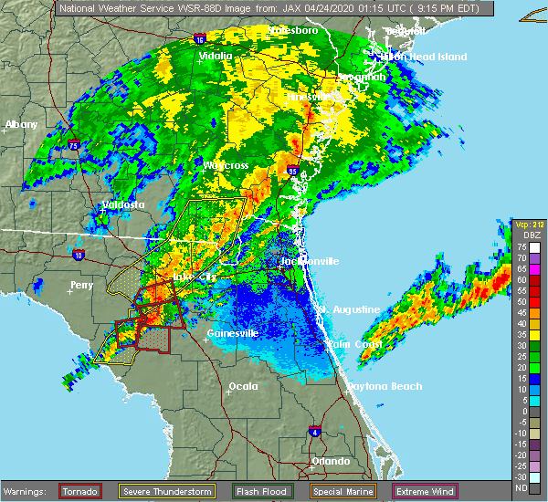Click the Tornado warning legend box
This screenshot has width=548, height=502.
(80, 492)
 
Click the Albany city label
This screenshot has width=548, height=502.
(21, 124)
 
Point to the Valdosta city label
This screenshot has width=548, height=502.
(122, 204)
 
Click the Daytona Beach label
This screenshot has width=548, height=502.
(384, 387)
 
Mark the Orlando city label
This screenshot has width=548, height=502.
(330, 461)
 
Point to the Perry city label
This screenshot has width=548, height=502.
(81, 285)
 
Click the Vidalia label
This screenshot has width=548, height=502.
(217, 58)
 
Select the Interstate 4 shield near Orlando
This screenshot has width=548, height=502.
(313, 430)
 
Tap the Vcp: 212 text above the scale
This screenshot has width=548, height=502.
(528, 225)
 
